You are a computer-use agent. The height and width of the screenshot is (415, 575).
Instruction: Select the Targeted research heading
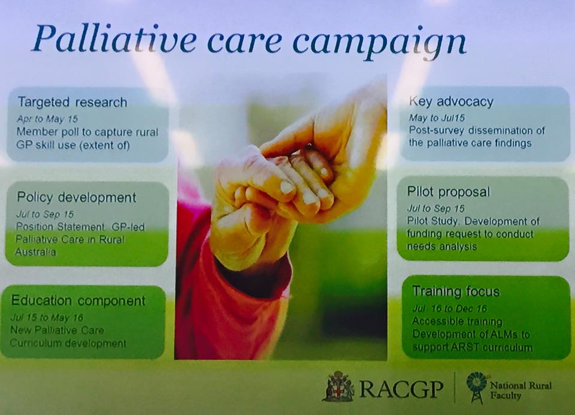pyautogui.click(x=72, y=102)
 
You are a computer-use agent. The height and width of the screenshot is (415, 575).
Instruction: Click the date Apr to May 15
pyautogui.click(x=47, y=119)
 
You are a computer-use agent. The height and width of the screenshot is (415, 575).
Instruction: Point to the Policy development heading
pyautogui.click(x=76, y=197)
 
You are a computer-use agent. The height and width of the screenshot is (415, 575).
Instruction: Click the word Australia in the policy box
pyautogui.click(x=35, y=252)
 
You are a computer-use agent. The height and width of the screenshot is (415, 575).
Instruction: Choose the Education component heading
pyautogui.click(x=78, y=300)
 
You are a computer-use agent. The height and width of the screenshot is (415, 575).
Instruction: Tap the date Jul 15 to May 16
pyautogui.click(x=47, y=317)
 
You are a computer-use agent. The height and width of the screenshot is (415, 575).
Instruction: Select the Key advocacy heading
pyautogui.click(x=451, y=102)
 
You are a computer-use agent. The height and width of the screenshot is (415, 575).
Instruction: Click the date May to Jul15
pyautogui.click(x=437, y=118)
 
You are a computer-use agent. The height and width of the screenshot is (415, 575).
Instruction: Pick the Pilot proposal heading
pyautogui.click(x=449, y=192)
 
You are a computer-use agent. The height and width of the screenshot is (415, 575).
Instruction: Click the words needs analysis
pyautogui.click(x=442, y=246)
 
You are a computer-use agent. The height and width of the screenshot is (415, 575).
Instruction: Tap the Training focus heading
pyautogui.click(x=456, y=291)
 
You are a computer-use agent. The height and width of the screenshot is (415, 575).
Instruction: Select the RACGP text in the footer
pyautogui.click(x=401, y=389)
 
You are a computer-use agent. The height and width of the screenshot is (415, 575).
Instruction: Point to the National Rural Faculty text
pyautogui.click(x=520, y=390)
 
